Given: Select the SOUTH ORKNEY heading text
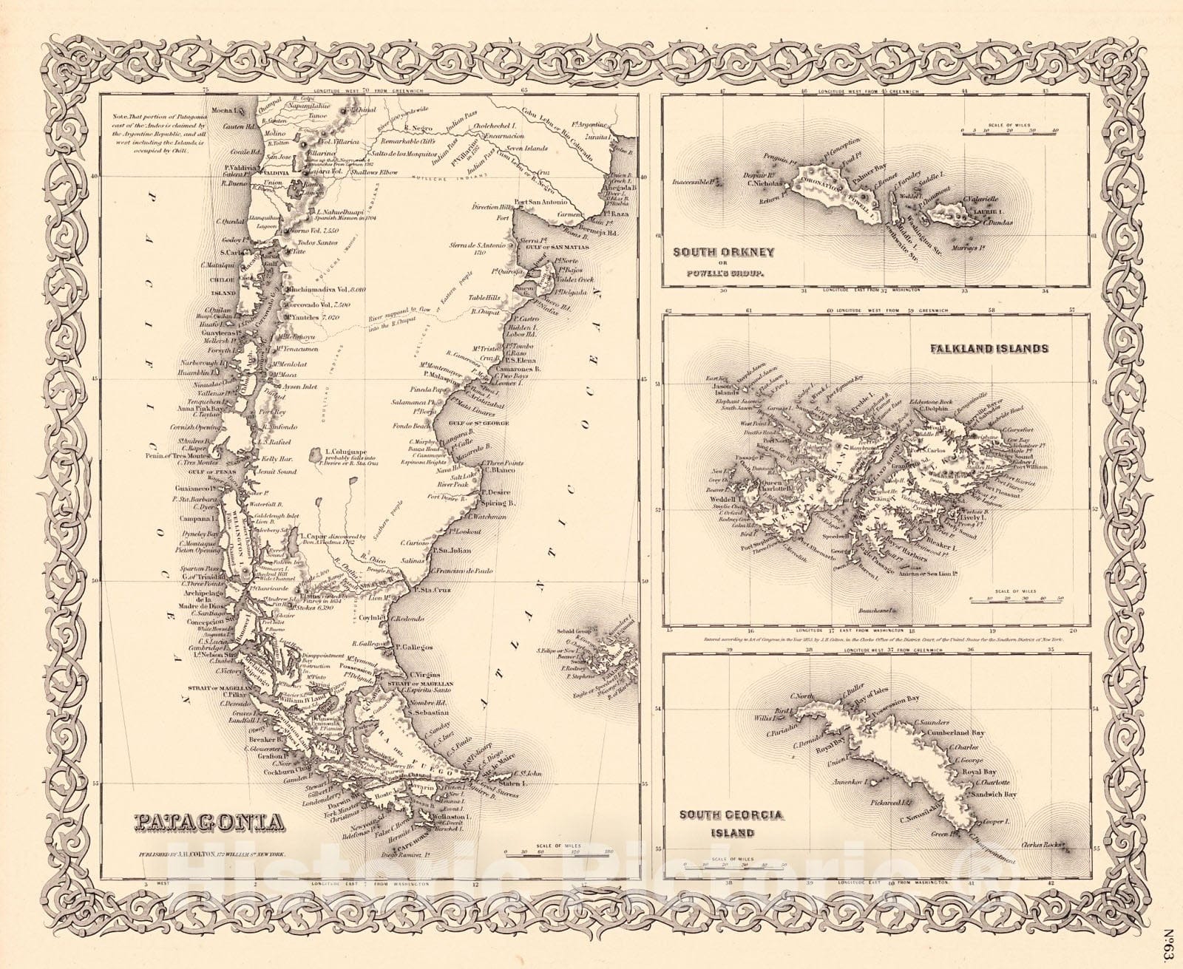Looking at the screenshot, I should click(x=723, y=252).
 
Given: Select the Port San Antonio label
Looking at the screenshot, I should click(x=540, y=202).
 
